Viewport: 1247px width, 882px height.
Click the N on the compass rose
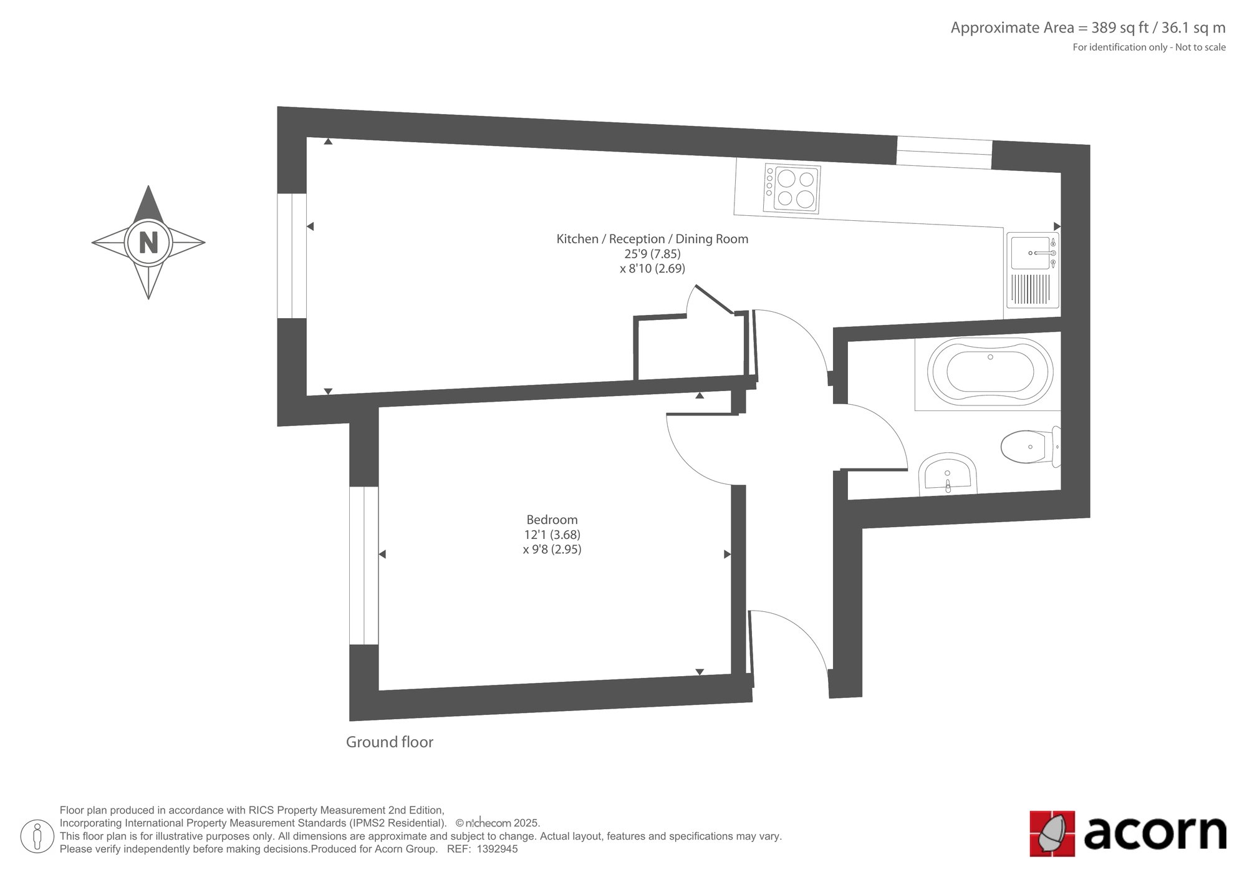click(x=148, y=242)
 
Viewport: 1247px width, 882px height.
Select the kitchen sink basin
click(x=1029, y=253)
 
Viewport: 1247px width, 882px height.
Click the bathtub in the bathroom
click(x=990, y=372)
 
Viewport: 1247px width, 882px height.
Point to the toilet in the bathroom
click(x=1031, y=447)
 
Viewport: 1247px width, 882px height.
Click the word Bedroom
click(x=552, y=520)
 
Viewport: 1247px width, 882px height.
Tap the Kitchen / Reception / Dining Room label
click(x=652, y=239)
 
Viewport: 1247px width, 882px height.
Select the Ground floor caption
click(x=390, y=742)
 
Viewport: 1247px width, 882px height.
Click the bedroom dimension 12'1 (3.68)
click(x=552, y=535)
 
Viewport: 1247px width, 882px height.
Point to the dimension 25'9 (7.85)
click(x=652, y=254)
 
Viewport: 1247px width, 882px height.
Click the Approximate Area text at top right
click(x=1088, y=28)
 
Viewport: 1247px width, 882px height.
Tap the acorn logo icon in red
click(x=1052, y=833)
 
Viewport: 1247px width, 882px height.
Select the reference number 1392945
click(x=498, y=849)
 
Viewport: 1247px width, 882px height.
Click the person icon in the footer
click(x=37, y=836)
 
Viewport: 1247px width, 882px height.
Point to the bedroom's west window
click(x=364, y=565)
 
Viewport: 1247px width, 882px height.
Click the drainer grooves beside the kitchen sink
click(x=1030, y=289)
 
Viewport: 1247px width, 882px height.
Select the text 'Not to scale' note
click(x=1201, y=47)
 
